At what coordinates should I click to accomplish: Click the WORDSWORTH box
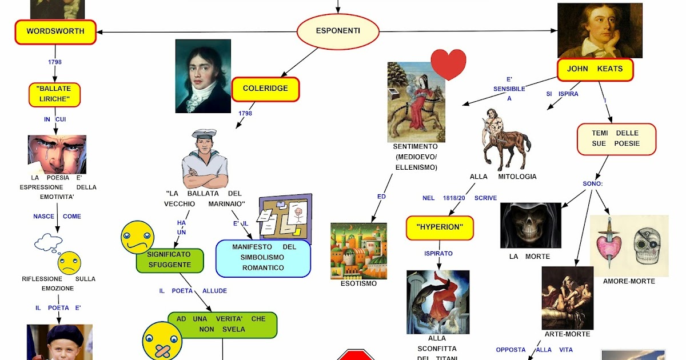tap(55, 32)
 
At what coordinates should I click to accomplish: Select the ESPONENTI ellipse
tap(338, 31)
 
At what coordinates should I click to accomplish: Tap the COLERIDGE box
tap(265, 89)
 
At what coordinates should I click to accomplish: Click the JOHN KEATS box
tap(595, 69)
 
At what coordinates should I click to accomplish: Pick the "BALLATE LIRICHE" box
tap(54, 95)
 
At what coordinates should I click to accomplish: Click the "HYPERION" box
tap(440, 228)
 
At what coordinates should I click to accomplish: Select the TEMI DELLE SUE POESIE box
tap(616, 139)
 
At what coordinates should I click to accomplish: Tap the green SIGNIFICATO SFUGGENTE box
tap(170, 260)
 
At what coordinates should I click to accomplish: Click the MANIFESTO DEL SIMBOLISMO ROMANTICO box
tap(263, 257)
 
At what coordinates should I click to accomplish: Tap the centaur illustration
tap(504, 140)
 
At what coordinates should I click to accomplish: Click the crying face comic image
tap(57, 154)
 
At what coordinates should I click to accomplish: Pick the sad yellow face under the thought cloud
tap(69, 263)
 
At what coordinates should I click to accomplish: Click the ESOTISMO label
tap(358, 283)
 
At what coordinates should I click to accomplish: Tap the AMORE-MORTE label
tap(629, 281)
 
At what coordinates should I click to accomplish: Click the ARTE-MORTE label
tap(567, 334)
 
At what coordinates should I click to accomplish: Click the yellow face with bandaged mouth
tap(162, 341)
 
